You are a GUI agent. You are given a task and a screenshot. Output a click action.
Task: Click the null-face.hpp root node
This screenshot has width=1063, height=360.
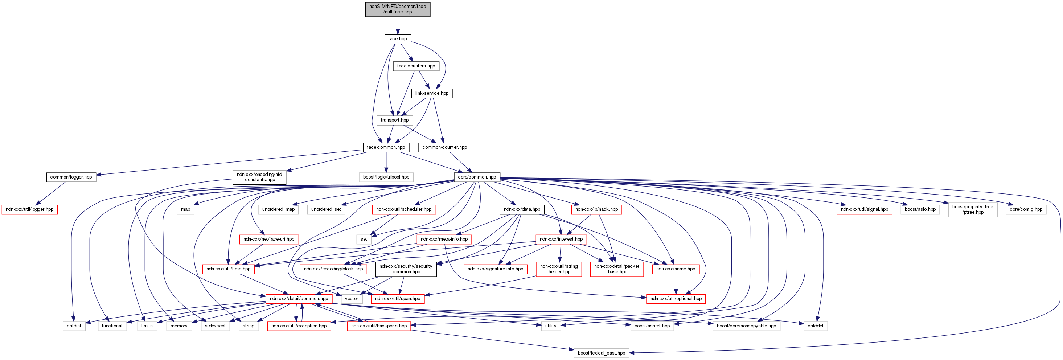(397, 9)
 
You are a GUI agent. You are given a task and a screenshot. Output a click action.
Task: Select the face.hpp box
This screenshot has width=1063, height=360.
(397, 39)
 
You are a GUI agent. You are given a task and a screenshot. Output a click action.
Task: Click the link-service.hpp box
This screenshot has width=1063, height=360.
(432, 93)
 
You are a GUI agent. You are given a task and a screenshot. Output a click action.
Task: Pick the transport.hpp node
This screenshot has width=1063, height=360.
(394, 120)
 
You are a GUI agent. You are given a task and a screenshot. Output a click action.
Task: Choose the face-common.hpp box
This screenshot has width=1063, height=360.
(386, 147)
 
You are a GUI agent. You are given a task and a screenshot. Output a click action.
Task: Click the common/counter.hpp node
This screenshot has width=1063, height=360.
(444, 147)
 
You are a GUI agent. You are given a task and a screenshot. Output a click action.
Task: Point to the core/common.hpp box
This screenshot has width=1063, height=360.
(477, 177)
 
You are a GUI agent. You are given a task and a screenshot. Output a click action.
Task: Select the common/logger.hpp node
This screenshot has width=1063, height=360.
(71, 177)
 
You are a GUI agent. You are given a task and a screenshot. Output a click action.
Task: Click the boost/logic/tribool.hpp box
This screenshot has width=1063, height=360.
(386, 177)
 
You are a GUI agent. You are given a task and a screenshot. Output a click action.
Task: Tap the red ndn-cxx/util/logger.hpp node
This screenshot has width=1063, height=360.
(29, 209)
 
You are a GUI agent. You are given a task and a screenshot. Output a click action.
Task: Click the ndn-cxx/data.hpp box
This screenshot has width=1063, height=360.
(522, 209)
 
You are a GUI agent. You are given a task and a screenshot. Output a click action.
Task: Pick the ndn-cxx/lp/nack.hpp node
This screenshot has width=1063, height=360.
(596, 209)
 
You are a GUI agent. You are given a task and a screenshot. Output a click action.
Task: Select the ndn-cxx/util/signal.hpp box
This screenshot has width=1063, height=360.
(864, 209)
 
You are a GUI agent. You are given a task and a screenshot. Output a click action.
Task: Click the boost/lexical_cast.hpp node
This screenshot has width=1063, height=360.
(601, 353)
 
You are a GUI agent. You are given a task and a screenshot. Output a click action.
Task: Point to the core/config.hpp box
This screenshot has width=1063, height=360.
(1026, 209)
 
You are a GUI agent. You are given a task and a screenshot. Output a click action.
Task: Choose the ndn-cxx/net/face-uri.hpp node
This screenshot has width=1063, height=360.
(268, 239)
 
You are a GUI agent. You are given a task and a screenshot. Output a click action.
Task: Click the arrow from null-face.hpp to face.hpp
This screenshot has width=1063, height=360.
(397, 26)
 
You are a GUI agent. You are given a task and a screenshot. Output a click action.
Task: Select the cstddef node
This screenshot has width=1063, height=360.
(816, 326)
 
